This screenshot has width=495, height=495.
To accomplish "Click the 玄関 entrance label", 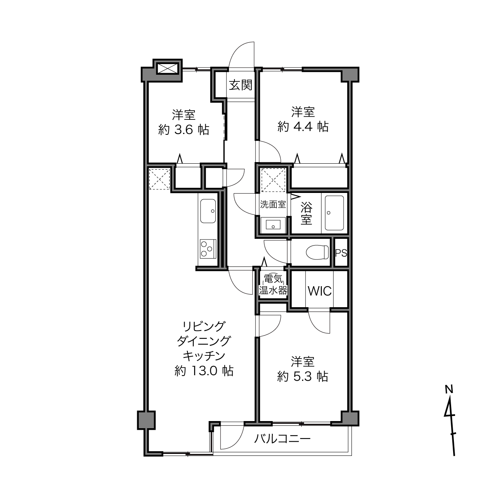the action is pos(240,85).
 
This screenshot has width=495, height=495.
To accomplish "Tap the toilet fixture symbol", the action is pos(317,252).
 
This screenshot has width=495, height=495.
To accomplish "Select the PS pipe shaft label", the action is pos(341,253).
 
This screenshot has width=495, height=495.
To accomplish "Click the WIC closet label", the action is pos(319,291).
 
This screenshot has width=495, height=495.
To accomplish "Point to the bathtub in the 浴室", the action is pos(334,213).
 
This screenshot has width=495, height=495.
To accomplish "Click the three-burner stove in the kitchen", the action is pos(208,249).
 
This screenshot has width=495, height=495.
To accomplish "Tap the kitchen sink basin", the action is pos(208,211).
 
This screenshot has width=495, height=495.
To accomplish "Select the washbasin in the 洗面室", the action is pos(273,225).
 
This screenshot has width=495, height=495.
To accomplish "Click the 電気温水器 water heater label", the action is pos(273,285).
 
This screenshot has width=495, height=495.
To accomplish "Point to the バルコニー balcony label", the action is pos(282,439).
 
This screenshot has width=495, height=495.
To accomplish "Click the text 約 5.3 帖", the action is pos(302,376).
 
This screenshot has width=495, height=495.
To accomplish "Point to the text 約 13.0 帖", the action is pos(204,371).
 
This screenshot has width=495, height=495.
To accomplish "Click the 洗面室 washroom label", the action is pos(273,204).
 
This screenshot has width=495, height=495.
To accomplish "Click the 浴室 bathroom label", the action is pos(306,213).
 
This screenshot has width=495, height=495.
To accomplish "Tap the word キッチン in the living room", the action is pos(204,356).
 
